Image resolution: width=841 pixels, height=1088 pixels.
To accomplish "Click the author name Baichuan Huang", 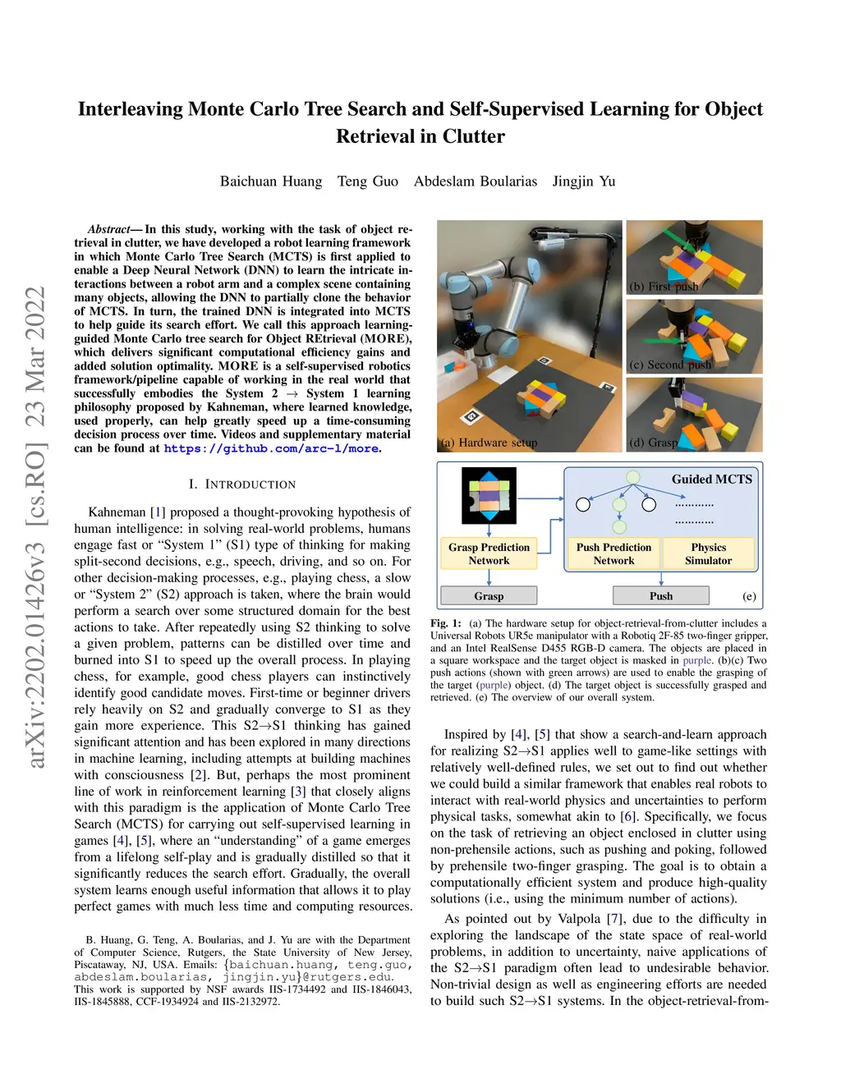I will point(271,181).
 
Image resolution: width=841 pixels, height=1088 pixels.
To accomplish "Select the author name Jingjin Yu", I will point(583,181).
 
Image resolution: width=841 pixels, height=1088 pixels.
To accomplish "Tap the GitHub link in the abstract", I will point(271,448).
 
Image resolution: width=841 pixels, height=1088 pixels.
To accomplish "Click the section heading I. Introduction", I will point(242,484).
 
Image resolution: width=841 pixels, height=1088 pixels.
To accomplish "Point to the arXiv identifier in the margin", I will point(36,526).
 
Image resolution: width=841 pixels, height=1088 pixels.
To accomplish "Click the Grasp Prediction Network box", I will point(489,554).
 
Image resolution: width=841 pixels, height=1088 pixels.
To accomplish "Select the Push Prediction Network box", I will point(614,554).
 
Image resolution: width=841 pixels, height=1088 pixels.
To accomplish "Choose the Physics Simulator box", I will point(708,554).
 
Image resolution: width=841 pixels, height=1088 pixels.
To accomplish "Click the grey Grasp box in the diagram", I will point(489,596).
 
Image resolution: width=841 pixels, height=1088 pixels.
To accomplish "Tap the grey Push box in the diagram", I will point(660,596).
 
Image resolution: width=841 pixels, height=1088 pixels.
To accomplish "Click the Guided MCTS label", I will point(711,480).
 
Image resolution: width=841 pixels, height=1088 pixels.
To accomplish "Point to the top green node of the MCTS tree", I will point(633,476).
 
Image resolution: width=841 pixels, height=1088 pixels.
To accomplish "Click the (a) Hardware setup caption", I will point(489,443).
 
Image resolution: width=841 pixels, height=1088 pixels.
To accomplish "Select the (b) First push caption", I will point(664,287).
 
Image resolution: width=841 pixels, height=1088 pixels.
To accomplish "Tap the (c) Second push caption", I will point(669,365).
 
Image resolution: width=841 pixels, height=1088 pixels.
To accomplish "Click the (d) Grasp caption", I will point(654,443).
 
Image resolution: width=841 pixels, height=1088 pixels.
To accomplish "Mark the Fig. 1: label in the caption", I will point(446,623).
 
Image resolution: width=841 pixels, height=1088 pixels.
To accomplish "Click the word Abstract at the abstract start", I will point(109,229).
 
